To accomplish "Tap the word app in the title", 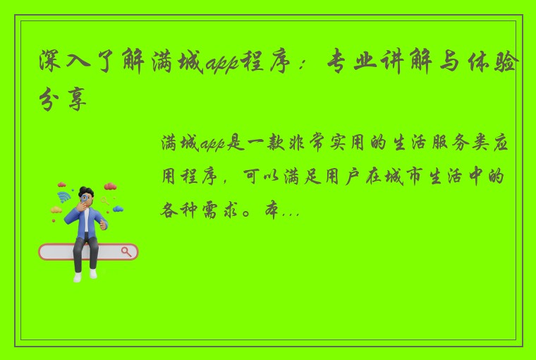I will coord(221,66).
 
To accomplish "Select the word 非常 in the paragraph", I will coord(307,144).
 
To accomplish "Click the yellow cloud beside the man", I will coord(56,210).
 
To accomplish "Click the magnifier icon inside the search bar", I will coord(127,251).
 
